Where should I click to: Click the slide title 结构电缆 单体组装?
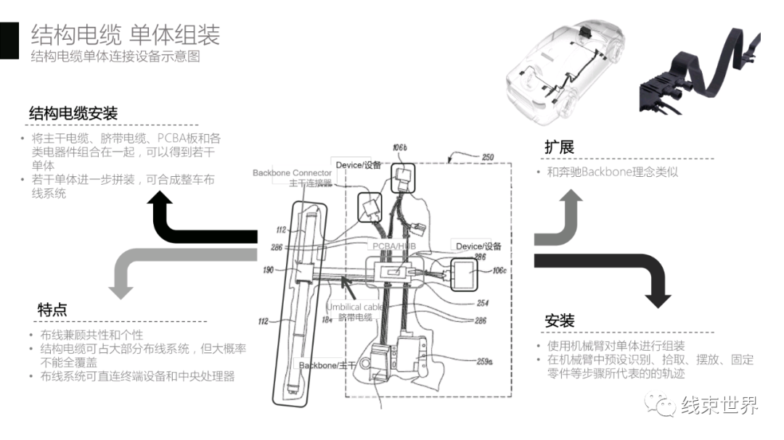[x=125, y=34]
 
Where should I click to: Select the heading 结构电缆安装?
[x=73, y=114]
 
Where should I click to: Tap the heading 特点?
[x=52, y=310]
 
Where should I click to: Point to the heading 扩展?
[x=559, y=147]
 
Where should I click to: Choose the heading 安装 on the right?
[x=560, y=321]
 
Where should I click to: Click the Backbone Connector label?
[x=292, y=173]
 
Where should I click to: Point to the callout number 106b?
[x=400, y=148]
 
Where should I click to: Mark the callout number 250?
[x=487, y=157]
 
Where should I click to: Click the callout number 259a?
[x=484, y=360]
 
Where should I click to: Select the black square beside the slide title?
[x=9, y=41]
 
